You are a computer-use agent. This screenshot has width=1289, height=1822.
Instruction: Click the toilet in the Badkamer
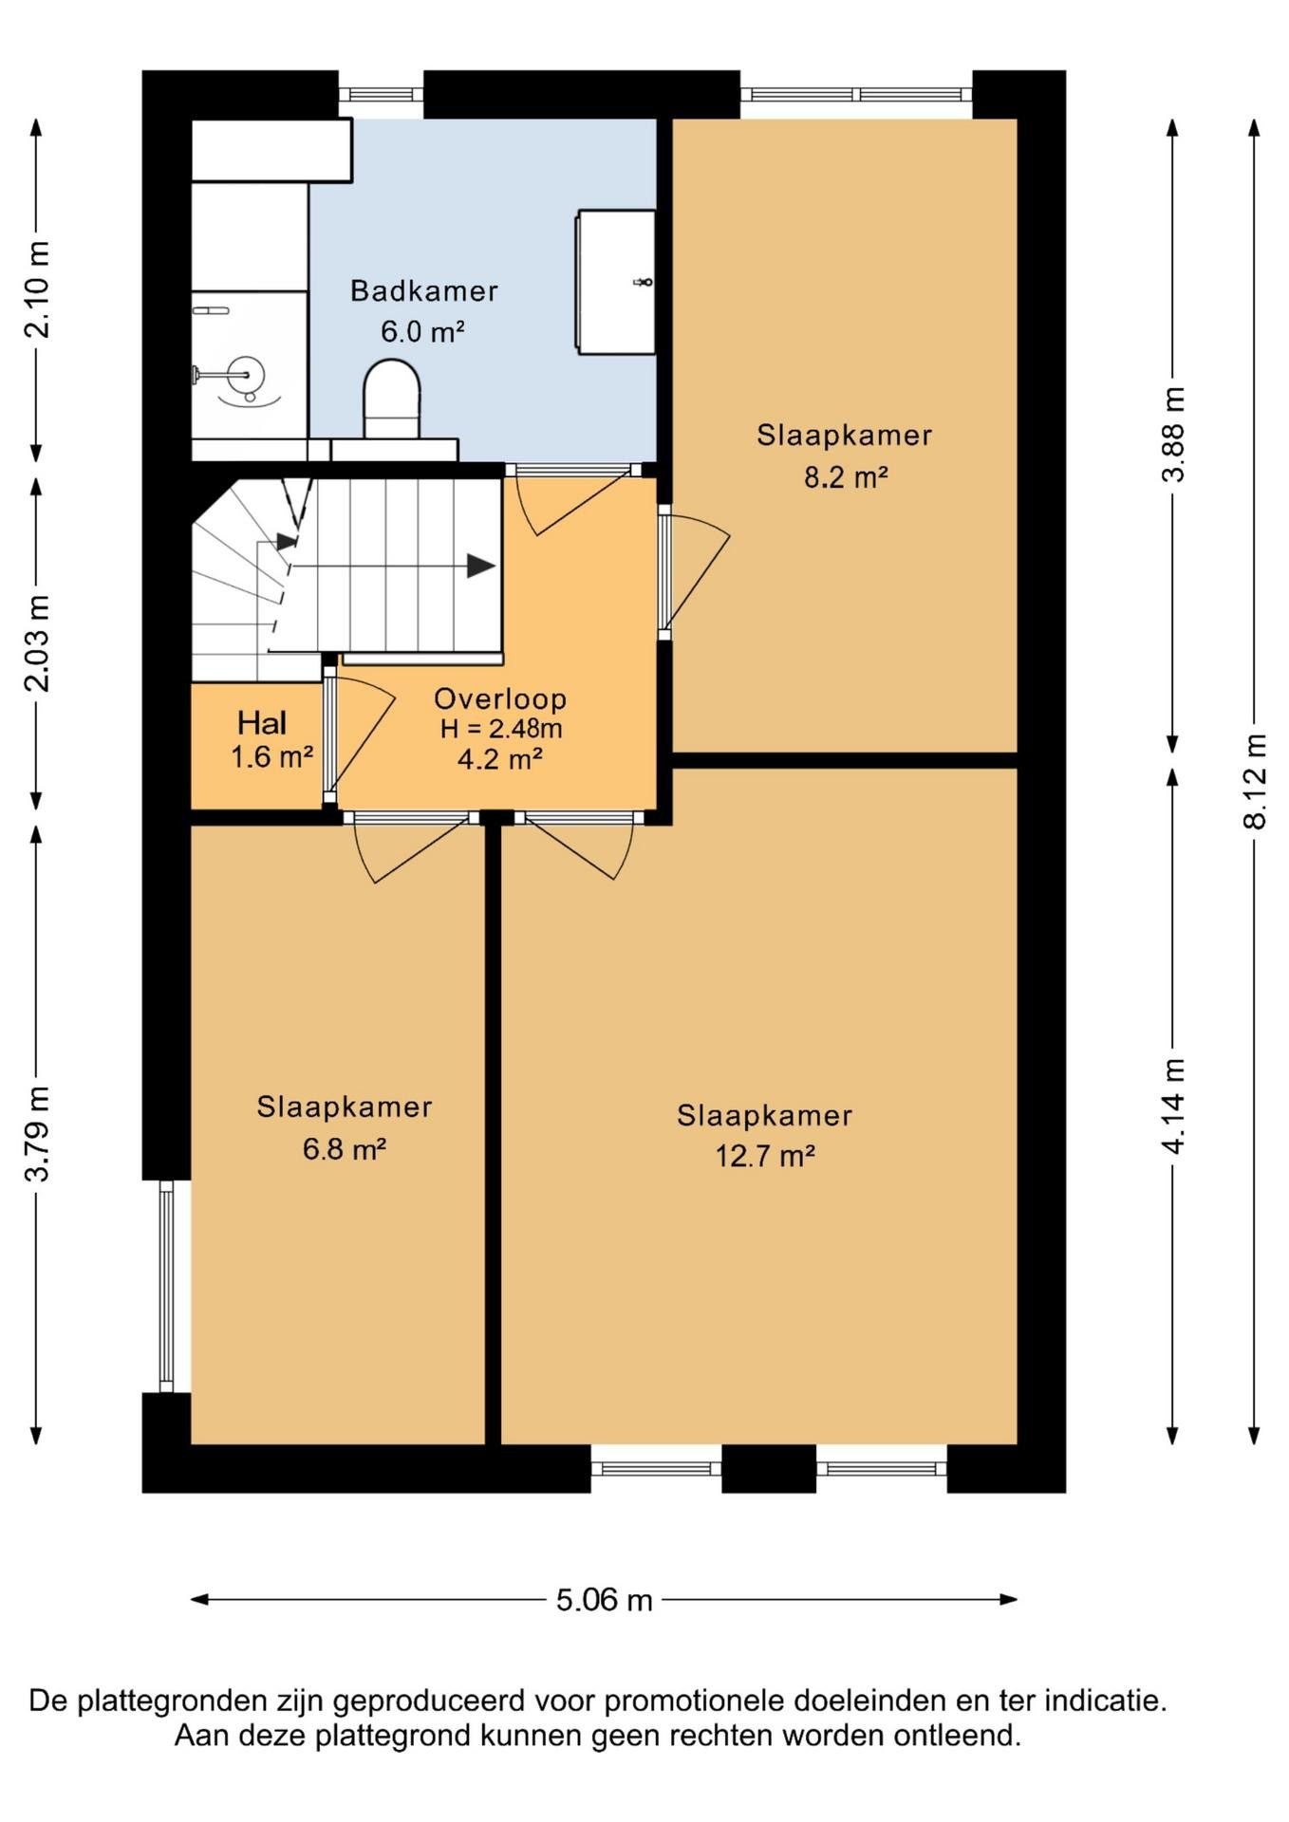click(391, 399)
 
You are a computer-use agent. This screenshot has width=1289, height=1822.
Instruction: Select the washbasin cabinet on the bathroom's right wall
click(615, 282)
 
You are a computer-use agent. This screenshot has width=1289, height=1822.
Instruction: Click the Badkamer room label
click(423, 291)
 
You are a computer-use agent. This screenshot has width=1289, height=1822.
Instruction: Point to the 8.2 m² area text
click(846, 476)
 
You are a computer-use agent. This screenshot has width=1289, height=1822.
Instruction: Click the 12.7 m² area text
click(765, 1156)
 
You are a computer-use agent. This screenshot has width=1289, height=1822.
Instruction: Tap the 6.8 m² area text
click(344, 1149)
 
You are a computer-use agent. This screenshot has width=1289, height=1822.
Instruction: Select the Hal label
click(262, 723)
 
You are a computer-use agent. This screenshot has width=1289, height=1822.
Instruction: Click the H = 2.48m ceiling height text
click(500, 729)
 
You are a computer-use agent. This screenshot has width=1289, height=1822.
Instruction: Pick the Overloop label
click(500, 699)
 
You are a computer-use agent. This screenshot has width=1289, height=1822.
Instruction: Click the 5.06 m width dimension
click(604, 1599)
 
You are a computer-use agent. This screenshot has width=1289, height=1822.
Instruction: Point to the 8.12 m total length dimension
click(1254, 782)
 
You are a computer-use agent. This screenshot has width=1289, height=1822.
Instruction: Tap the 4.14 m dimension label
click(1173, 1106)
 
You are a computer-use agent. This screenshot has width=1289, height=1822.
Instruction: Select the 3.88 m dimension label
click(1173, 435)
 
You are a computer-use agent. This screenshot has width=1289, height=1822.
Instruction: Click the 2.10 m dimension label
click(37, 289)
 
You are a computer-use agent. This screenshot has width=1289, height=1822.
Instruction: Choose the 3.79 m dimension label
click(37, 1134)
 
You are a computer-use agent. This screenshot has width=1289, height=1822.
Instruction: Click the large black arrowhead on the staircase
click(481, 567)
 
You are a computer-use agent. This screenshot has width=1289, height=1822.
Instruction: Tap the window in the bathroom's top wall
click(381, 94)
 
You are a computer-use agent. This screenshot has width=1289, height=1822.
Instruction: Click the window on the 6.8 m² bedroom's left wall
click(167, 1286)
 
